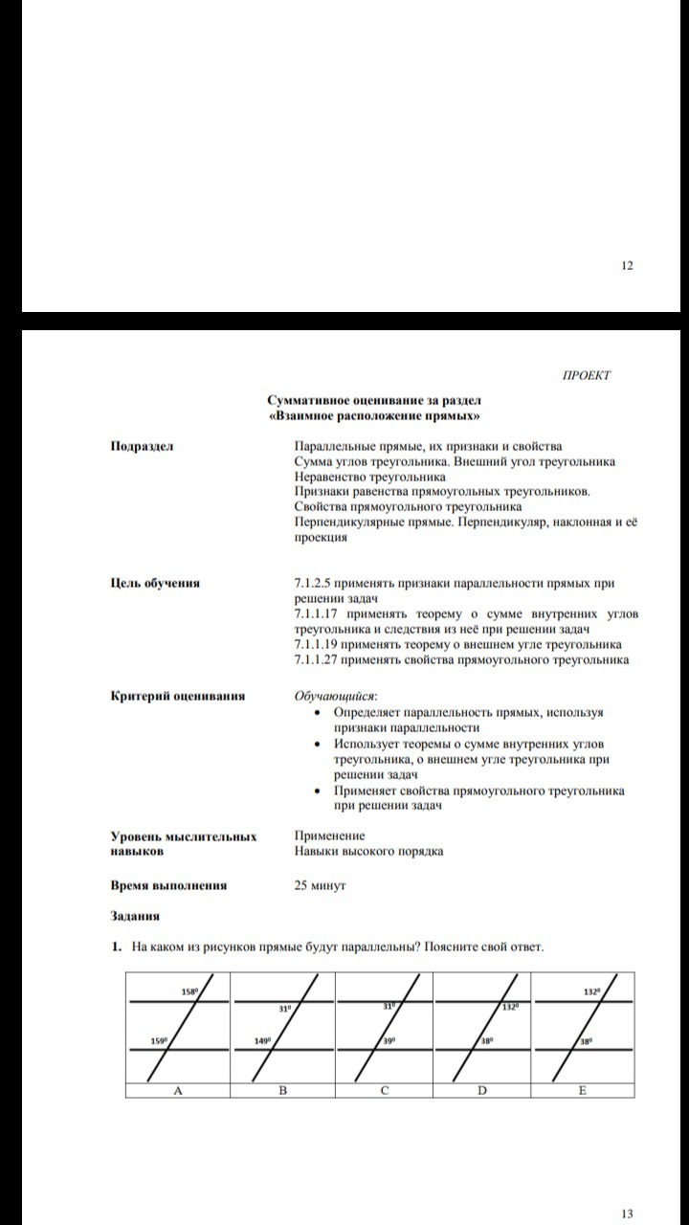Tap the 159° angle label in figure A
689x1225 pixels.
pos(160,1040)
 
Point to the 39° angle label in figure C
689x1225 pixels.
pos(389,1040)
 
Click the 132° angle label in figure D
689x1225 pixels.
pos(509,1007)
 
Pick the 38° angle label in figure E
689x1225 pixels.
pos(587,1040)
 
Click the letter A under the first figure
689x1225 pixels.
pos(177,1090)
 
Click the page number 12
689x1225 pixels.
pos(627,265)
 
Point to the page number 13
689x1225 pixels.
pos(627,1214)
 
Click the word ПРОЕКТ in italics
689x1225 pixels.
pos(586,375)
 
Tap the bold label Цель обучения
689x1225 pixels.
pos(155,583)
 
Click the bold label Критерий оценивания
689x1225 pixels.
pos(177,696)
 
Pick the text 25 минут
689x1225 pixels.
pos(320,885)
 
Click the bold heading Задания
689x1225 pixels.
pos(134,916)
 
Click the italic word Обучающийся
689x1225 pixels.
pos(336,696)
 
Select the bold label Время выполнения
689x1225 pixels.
pos(168,885)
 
